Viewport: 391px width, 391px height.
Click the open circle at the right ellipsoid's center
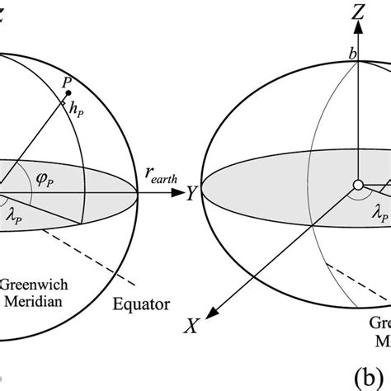pos(358,185)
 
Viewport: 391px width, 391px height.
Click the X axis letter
pos(191,327)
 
